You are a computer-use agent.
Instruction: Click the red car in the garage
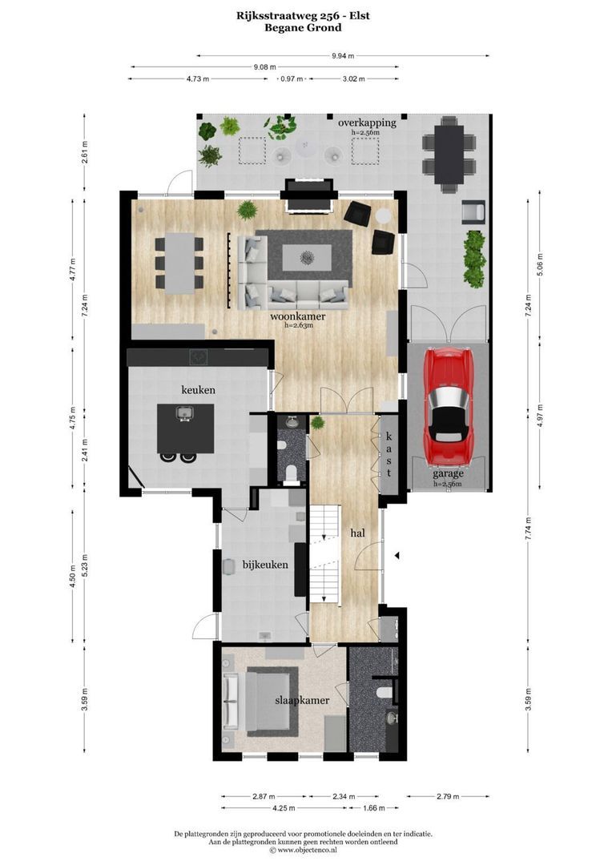click(448, 406)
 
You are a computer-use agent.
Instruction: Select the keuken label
click(198, 390)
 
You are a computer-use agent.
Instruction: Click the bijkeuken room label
click(265, 565)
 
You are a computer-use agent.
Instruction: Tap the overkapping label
click(367, 123)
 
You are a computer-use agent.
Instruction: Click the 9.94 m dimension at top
click(343, 56)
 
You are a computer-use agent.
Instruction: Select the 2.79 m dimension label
click(447, 796)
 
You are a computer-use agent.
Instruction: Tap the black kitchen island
click(185, 428)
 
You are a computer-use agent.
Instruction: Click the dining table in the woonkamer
click(178, 260)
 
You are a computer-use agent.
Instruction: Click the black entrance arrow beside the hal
click(396, 555)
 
